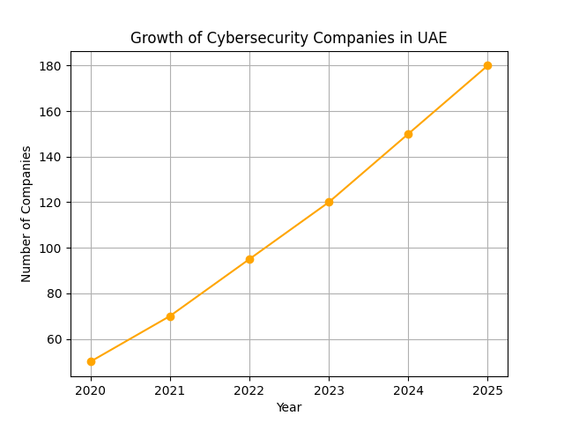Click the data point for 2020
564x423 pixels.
[x=91, y=361]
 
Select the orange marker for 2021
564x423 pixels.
[x=170, y=316]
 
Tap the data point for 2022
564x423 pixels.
[x=249, y=259]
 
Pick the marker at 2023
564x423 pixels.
[x=329, y=202]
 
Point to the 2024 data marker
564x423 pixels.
[x=408, y=134]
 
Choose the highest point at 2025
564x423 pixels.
[x=487, y=65]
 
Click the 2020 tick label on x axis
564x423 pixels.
[x=91, y=390]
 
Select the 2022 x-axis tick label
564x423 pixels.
[x=249, y=390]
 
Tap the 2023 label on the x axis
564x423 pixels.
[x=329, y=390]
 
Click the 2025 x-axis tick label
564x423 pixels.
[x=487, y=390]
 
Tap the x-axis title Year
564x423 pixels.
[x=289, y=407]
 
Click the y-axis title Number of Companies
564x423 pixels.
[x=26, y=213]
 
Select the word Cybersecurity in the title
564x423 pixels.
[x=248, y=39]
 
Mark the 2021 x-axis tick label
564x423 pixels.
[x=170, y=390]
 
